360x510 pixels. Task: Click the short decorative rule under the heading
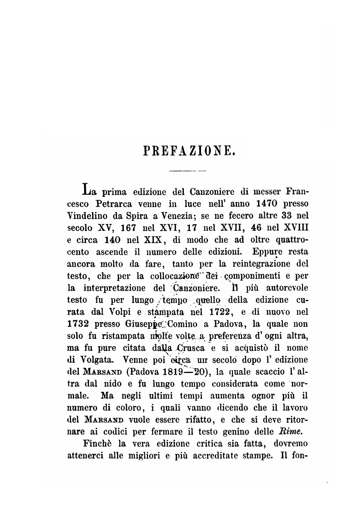[x=188, y=171]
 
